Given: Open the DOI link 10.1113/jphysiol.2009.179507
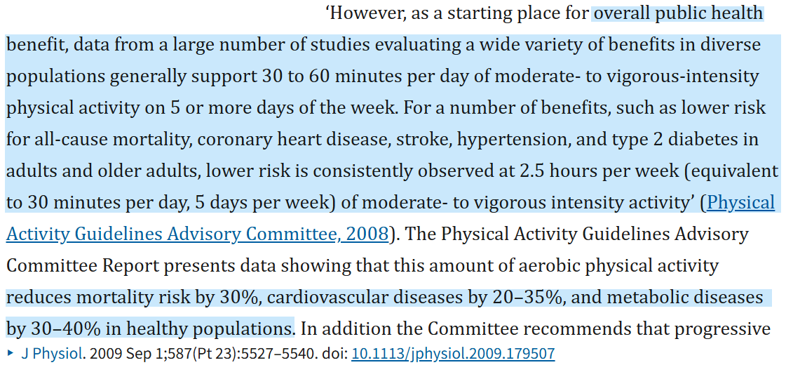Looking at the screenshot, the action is point(453,354).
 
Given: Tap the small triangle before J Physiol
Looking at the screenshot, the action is point(10,354).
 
